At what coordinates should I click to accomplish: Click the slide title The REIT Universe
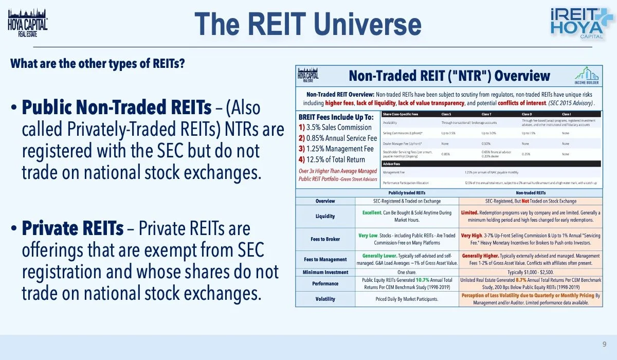point(308,24)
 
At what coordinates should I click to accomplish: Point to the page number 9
point(604,344)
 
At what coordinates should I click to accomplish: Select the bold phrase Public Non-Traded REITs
point(116,108)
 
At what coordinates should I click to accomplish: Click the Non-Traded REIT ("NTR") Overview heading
point(449,76)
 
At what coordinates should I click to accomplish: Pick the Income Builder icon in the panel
point(587,75)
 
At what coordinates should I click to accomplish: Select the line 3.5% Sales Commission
point(338,127)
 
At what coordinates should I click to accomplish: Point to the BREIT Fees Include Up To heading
point(336,117)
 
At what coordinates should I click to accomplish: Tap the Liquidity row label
point(325,216)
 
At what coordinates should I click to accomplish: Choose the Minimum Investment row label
point(325,272)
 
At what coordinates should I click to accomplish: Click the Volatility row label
point(325,299)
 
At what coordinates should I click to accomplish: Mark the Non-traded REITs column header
point(530,192)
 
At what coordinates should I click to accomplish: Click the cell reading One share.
point(407,272)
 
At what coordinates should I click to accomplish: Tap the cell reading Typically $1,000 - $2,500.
point(530,272)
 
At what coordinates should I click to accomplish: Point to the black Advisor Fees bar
point(491,164)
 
